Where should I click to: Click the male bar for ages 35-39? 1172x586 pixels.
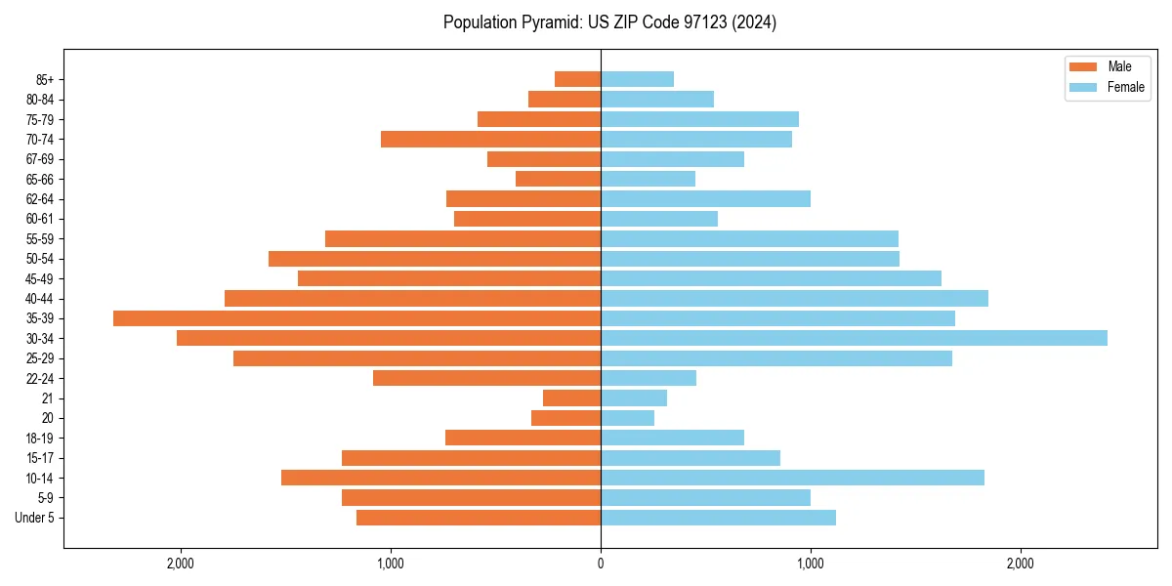pos(356,318)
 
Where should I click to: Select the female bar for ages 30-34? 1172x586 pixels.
pos(854,338)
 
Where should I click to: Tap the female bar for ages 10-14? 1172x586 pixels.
pos(792,478)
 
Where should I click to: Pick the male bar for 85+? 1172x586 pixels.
pos(577,79)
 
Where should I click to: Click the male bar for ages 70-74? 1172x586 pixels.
pos(490,139)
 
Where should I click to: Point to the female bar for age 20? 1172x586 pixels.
pos(627,418)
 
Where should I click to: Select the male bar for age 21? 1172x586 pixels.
pos(571,398)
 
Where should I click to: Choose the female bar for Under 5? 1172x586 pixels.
pos(718,518)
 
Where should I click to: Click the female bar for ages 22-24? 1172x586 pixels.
pos(649,378)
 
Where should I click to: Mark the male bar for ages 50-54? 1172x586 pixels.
pos(435,259)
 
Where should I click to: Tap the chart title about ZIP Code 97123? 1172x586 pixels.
pos(609,22)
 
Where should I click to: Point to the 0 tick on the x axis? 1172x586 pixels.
pos(601,564)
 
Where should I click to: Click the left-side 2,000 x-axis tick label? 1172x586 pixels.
pos(181,564)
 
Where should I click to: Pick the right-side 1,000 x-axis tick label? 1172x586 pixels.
pos(810,564)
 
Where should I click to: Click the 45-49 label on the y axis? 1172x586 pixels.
pos(40,278)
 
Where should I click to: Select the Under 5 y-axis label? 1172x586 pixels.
pos(34,518)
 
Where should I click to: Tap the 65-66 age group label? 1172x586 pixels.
pos(40,179)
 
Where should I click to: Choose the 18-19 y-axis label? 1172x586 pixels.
pos(40,438)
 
